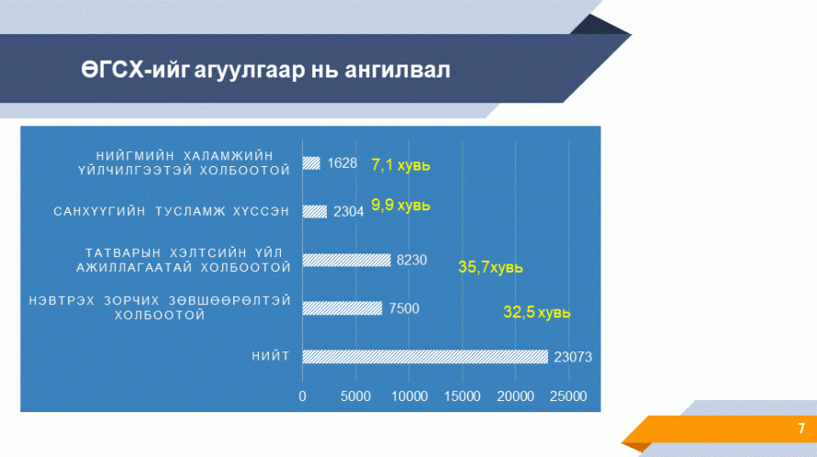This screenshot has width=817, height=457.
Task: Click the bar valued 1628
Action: click(311, 163)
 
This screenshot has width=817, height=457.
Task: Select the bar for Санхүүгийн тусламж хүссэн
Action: click(315, 212)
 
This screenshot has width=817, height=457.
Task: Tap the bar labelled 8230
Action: click(346, 260)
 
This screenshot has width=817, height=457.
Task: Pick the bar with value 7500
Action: click(342, 308)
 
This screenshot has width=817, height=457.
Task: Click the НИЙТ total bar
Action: click(425, 356)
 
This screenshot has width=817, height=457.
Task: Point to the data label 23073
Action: click(573, 357)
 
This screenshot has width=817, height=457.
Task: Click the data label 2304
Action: click(349, 212)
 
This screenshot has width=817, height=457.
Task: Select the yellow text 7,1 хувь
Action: click(400, 165)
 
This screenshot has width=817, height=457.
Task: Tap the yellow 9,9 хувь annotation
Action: click(400, 206)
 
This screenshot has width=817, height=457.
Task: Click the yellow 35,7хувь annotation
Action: click(490, 267)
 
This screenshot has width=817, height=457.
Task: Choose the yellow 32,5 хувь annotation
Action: click(537, 312)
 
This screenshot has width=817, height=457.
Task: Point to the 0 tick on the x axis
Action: click(302, 396)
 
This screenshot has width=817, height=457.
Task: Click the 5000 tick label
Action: click(356, 396)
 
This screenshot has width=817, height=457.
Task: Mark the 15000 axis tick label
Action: click(462, 396)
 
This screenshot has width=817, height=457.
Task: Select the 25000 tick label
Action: click(568, 396)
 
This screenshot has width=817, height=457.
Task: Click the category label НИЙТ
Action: click(271, 356)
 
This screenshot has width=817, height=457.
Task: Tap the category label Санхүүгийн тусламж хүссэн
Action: click(172, 212)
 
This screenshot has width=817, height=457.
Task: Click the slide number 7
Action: click(801, 429)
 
